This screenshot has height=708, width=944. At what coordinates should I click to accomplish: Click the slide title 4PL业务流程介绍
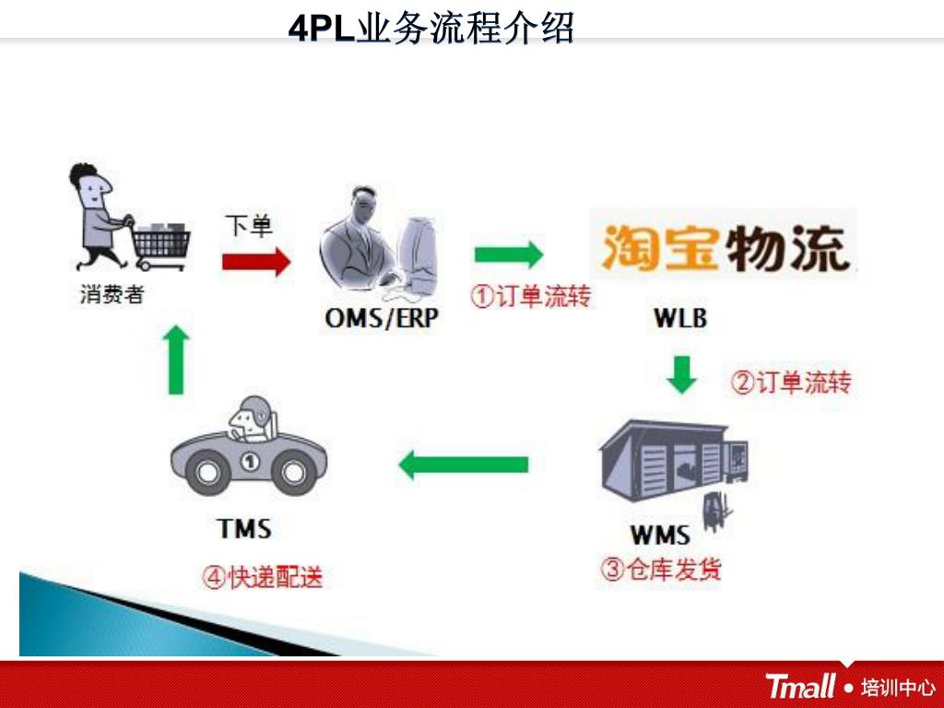tap(431, 28)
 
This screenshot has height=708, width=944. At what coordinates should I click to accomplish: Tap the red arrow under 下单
tap(255, 262)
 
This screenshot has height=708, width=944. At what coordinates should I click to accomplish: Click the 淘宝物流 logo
tap(724, 244)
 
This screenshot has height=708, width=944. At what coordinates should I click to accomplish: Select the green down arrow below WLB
tap(681, 374)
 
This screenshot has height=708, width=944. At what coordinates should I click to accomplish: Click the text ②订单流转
tap(791, 382)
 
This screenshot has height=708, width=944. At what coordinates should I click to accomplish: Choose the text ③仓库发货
tap(662, 569)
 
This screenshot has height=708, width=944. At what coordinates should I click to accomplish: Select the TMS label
tap(244, 529)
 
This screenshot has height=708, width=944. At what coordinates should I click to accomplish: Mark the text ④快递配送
tap(263, 578)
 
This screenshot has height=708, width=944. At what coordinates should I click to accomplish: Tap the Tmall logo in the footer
tap(800, 686)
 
